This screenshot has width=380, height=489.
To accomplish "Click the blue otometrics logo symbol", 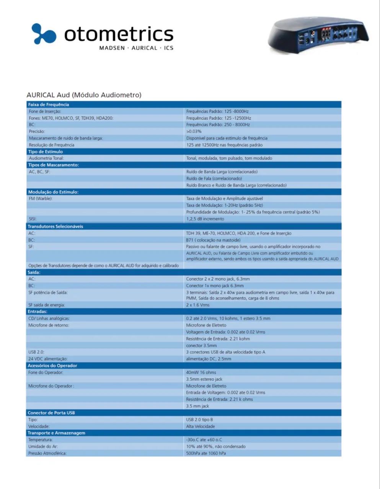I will (x=43, y=34).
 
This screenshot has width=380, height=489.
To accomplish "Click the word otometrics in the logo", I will (x=119, y=34).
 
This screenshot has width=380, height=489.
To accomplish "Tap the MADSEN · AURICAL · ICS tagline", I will (x=136, y=48).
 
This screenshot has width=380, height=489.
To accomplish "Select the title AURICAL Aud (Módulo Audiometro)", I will (x=84, y=95).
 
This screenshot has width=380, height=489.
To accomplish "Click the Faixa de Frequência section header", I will (x=49, y=105).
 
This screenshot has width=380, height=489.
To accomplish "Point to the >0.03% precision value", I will (x=194, y=131).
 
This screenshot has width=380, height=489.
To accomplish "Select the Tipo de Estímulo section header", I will (x=45, y=152).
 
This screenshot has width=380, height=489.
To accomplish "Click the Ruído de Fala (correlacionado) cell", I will (x=214, y=178).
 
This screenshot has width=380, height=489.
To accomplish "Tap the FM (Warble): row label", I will (x=41, y=199).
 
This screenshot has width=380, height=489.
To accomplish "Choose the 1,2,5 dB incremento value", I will (x=205, y=219).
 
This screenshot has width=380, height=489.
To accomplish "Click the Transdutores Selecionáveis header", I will (x=55, y=227).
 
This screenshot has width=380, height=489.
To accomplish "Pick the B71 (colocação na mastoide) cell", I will (x=213, y=240).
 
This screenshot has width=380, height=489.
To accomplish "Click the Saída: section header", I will (x=34, y=272).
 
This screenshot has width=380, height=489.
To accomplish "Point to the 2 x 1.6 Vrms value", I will (x=198, y=305).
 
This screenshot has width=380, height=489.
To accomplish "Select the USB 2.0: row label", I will (x=36, y=352).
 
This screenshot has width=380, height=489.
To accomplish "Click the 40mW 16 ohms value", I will (x=201, y=372).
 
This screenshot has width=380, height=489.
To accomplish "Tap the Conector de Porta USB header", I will (x=51, y=413).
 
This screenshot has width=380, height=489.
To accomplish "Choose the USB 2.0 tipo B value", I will (x=199, y=419).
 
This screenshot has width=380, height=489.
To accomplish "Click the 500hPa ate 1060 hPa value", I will (x=206, y=453).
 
